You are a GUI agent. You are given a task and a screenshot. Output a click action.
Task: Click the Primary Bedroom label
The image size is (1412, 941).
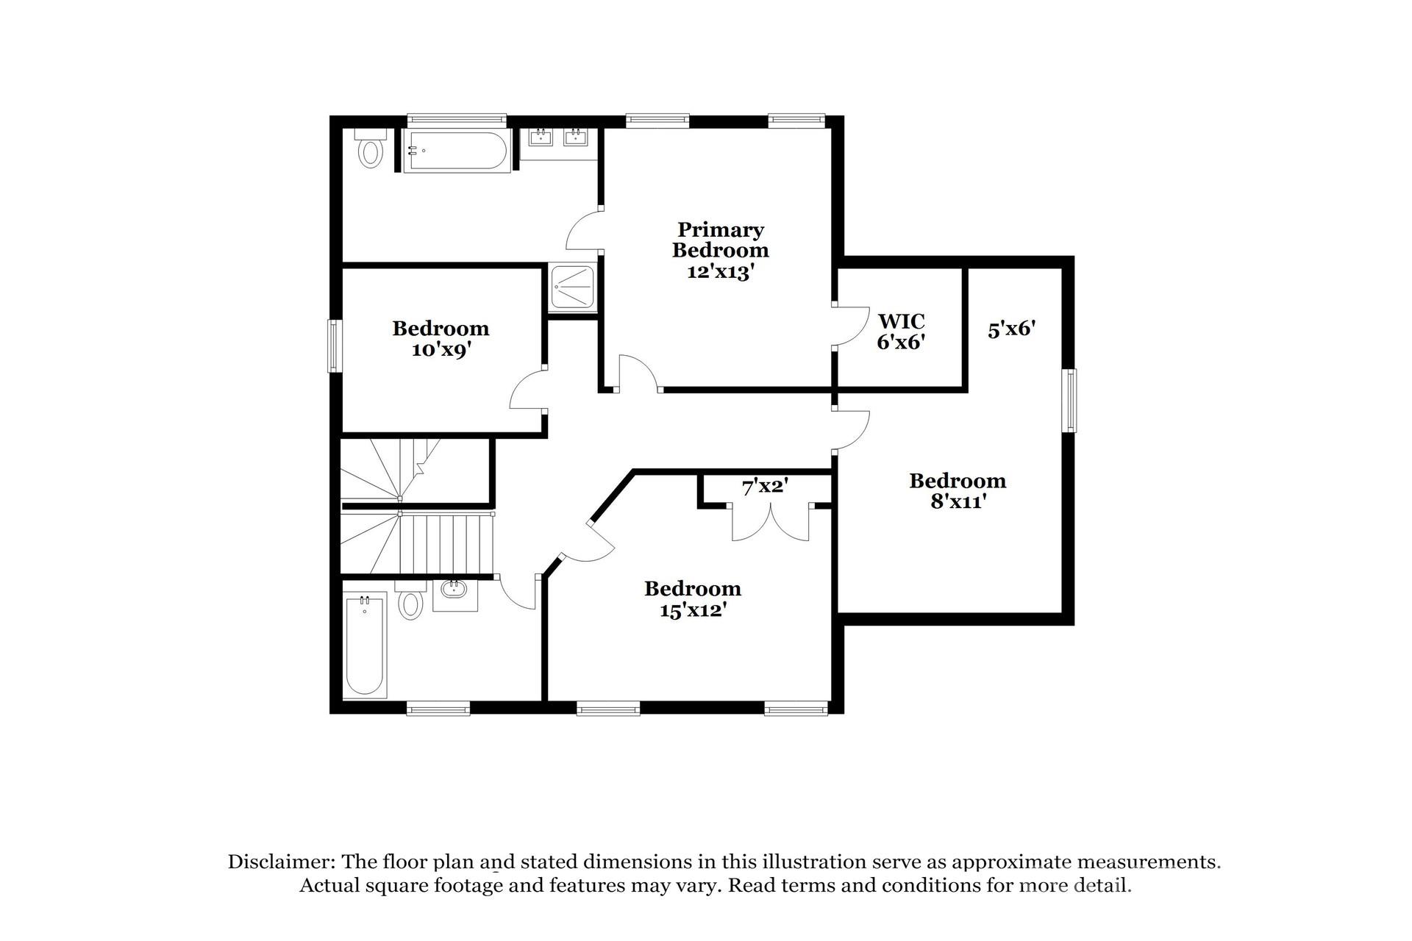(720, 240)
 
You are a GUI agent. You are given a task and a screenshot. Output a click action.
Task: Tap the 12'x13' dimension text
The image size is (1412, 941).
(720, 272)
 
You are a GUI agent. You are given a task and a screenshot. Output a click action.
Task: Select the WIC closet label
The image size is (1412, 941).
(901, 321)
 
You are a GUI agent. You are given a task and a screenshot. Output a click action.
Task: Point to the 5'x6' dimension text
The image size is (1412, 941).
(1011, 329)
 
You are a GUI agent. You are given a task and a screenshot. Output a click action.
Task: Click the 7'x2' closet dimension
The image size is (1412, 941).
(765, 487)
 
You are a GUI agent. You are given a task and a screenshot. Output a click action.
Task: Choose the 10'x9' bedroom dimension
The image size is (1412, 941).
(441, 350)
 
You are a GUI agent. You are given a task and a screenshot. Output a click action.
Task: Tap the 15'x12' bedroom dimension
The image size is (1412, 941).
(693, 610)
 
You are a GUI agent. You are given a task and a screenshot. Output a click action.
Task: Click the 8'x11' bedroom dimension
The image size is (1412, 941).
(958, 502)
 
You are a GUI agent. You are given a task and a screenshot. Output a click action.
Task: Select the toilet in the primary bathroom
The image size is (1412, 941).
(370, 150)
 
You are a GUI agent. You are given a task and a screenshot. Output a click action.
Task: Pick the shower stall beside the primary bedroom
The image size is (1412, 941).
(573, 289)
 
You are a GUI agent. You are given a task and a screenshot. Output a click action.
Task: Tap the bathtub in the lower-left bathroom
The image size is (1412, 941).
(365, 645)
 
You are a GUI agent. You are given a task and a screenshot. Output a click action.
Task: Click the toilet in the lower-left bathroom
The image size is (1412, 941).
(410, 601)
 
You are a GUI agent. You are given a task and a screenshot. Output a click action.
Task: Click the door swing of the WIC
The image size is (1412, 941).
(850, 325)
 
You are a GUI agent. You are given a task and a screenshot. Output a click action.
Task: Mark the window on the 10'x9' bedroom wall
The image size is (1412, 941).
(335, 346)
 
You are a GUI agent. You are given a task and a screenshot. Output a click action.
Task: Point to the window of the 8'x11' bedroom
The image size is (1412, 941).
(1071, 401)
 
